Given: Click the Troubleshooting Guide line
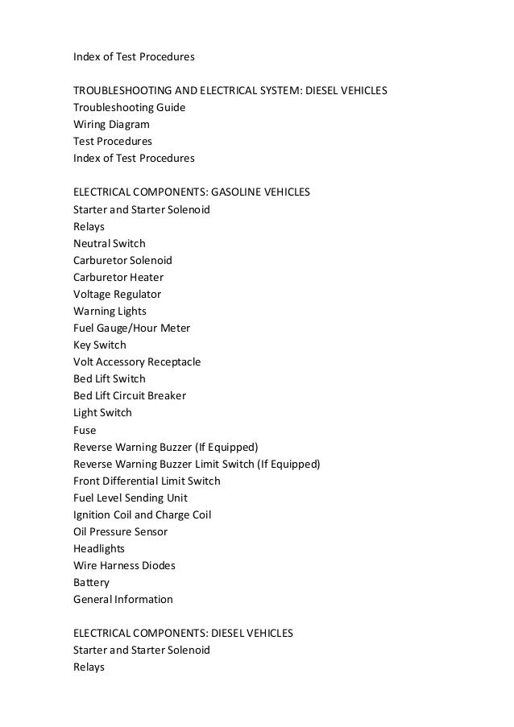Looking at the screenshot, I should [129, 107].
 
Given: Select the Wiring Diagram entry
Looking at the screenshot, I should [111, 124].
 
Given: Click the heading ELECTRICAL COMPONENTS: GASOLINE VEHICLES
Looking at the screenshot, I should [192, 192].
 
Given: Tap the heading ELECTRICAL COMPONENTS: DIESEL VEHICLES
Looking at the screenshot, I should [183, 634].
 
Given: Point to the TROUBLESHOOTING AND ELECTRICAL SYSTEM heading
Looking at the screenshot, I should [230, 90].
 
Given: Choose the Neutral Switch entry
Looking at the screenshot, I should [110, 243].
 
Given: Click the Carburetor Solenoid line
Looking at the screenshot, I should [122, 260].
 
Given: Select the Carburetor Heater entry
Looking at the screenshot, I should [118, 277].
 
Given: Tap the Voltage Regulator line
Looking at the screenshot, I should [117, 294].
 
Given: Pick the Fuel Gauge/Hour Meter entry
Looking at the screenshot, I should [131, 328].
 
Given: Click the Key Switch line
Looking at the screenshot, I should [100, 345].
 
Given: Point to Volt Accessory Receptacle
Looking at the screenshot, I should [137, 362].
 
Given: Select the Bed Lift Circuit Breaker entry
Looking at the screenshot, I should [130, 396].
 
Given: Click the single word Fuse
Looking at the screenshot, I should [85, 430].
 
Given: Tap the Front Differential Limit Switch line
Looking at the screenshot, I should [147, 481].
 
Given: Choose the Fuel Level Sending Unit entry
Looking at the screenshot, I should [131, 498].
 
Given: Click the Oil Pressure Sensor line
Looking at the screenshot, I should [121, 531].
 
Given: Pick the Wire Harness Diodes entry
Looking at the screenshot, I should [124, 565].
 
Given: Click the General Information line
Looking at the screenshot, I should [122, 599].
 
